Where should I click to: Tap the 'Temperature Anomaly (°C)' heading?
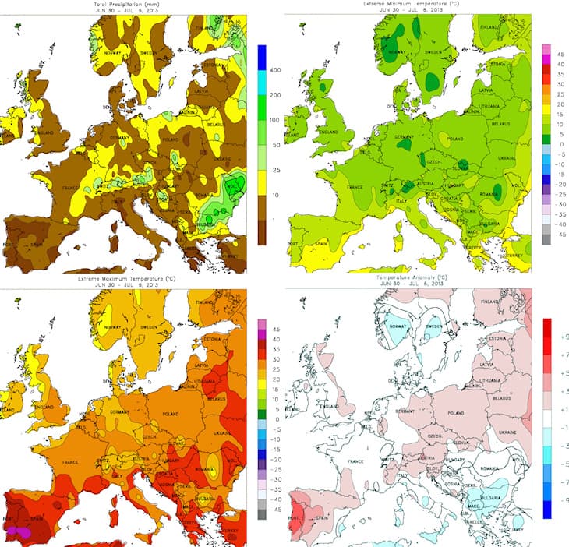tap(410, 277)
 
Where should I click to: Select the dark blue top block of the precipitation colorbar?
tap(262, 56)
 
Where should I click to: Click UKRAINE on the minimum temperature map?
tap(507, 158)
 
